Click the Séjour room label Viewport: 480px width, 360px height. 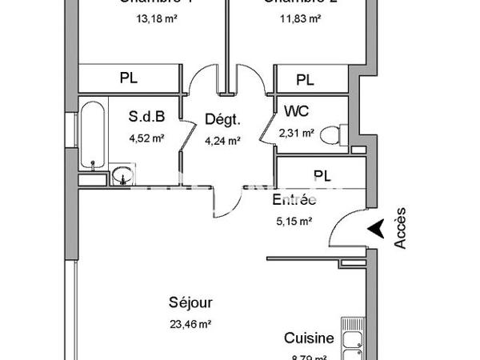[190, 303]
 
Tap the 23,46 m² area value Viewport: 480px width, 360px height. [190, 324]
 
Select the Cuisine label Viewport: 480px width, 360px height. [310, 338]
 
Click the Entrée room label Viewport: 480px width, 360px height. [294, 200]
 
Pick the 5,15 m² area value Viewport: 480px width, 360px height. [294, 222]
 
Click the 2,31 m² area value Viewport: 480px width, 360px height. [297, 133]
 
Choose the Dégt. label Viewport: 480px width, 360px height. [222, 120]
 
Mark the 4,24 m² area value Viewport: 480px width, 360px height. [222, 142]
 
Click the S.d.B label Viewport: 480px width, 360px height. [146, 117]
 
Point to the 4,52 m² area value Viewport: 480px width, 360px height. [146, 137]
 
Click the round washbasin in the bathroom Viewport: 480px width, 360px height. [122, 175]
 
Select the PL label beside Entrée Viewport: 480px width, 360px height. [322, 175]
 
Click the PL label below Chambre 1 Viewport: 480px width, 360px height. [129, 78]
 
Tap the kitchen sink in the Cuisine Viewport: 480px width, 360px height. [353, 344]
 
